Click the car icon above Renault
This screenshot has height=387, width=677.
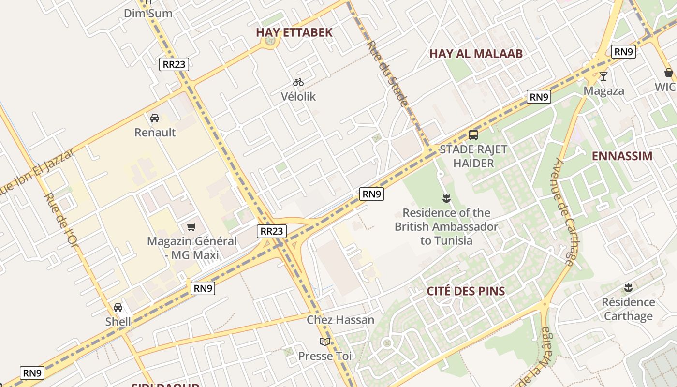(x=155, y=118)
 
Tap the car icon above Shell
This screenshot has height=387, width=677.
(x=118, y=308)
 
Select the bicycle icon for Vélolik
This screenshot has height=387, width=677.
(x=298, y=83)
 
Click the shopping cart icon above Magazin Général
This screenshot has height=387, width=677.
(x=191, y=227)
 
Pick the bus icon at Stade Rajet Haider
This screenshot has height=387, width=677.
(x=473, y=135)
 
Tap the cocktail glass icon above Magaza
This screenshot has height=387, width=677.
(x=603, y=76)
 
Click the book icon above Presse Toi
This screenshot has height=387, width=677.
(x=325, y=342)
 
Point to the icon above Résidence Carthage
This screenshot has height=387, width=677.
(x=628, y=288)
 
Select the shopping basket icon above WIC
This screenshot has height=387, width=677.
(x=669, y=73)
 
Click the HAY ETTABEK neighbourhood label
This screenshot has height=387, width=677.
(x=294, y=32)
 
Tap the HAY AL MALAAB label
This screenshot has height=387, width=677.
(x=476, y=54)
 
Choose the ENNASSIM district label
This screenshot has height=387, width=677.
(x=622, y=156)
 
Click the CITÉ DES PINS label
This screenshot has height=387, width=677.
(x=465, y=291)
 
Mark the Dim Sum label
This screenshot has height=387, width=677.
(x=148, y=14)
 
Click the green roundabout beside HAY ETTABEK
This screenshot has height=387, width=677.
(x=270, y=42)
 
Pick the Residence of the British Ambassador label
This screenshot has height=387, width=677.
(x=446, y=227)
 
